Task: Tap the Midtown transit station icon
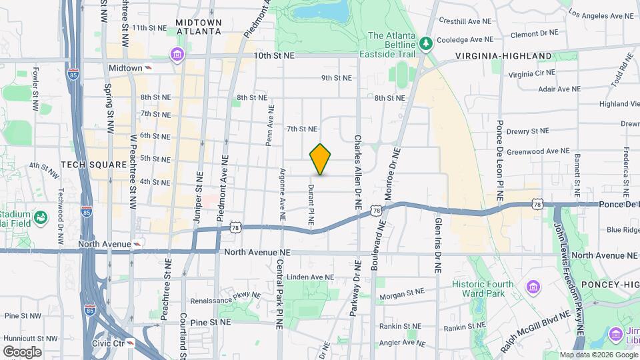148,68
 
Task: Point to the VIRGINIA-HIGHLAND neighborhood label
504,56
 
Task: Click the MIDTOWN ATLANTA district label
198,26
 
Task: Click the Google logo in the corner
22,351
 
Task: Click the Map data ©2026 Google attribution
598,355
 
